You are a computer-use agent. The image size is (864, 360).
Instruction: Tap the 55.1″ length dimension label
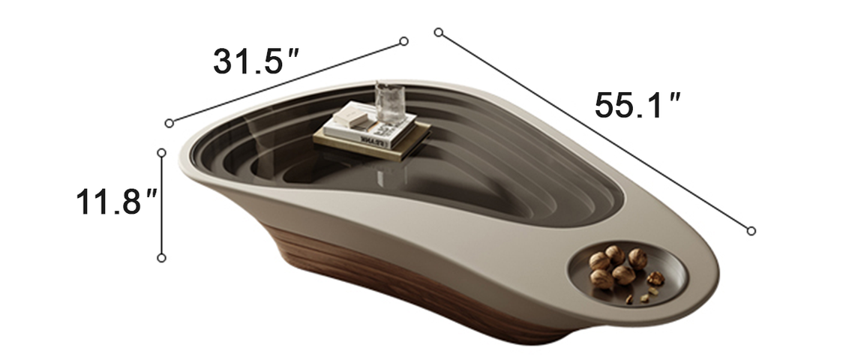[x=637, y=105]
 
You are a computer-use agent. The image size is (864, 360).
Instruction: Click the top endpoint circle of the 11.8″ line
[x=161, y=152]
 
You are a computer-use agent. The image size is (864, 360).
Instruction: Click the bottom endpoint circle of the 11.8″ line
[x=161, y=258]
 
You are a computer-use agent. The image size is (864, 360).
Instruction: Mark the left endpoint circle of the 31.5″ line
[x=169, y=123]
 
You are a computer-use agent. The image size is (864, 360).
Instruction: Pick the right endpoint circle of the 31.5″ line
[x=404, y=41]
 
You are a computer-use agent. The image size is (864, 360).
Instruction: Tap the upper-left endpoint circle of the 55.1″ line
[x=439, y=32]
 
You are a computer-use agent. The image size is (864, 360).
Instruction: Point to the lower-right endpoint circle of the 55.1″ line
[x=751, y=230]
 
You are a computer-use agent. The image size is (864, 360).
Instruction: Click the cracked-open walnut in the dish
[x=655, y=278]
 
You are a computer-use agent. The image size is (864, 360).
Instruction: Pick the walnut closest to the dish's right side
[x=638, y=259]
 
